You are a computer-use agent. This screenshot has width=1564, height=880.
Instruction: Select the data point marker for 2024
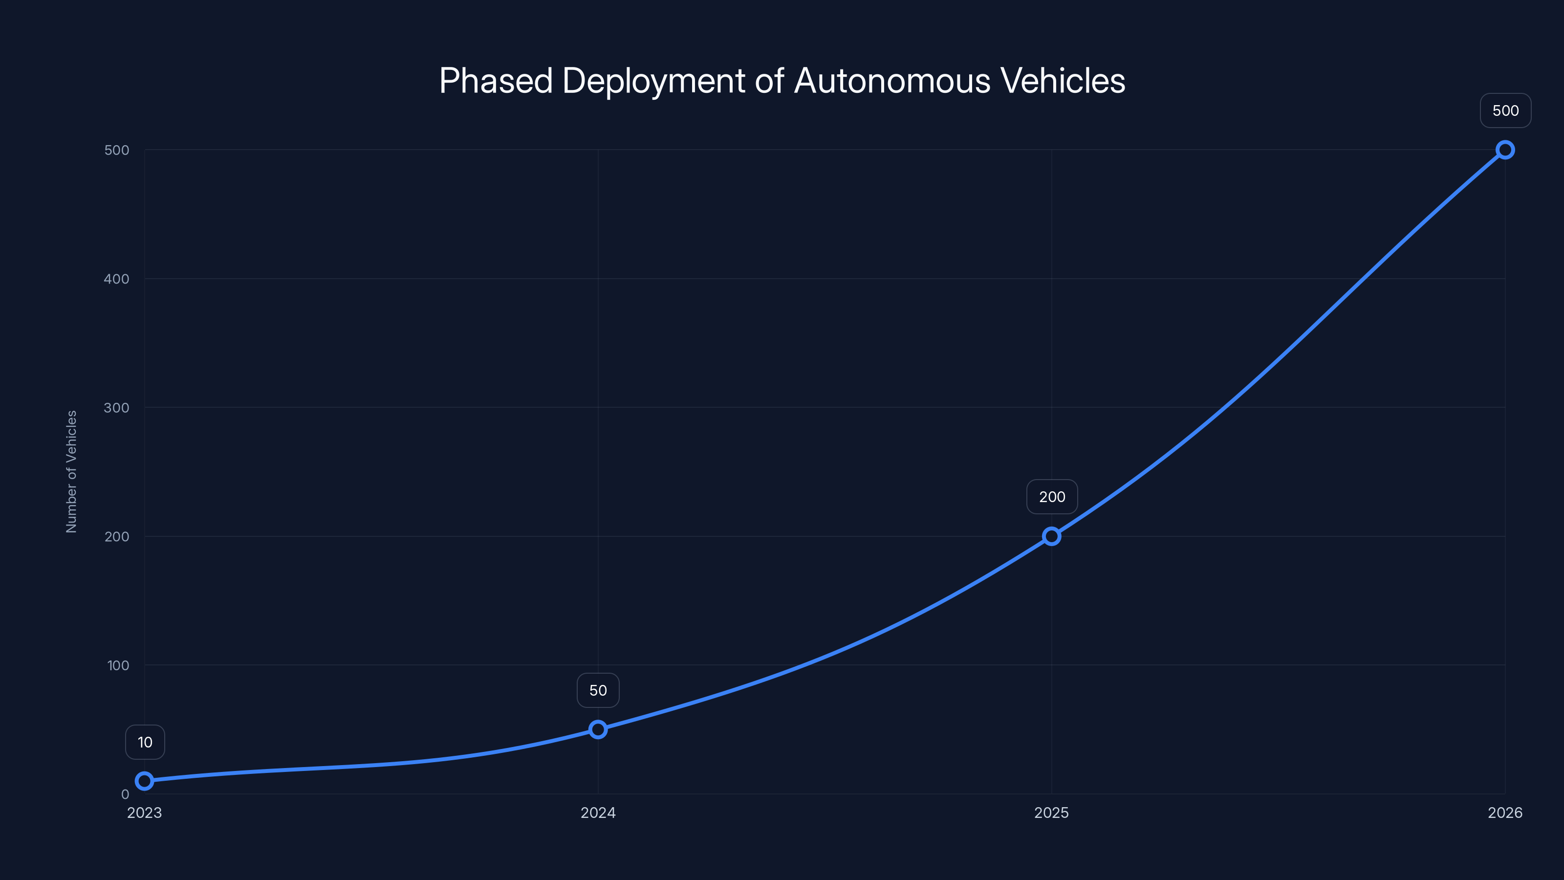coord(598,729)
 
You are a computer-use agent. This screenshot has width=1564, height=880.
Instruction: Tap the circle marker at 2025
coord(1052,536)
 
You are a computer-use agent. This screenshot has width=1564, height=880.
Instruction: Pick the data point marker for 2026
coord(1505,150)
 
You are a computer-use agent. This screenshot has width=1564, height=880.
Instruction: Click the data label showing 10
coord(145,742)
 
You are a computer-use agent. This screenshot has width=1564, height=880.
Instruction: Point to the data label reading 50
coord(598,690)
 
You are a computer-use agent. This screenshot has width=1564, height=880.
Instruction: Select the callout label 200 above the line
coord(1052,497)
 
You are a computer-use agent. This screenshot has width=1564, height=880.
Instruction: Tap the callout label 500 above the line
coord(1505,110)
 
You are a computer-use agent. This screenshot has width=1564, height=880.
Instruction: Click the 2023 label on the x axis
coord(145,813)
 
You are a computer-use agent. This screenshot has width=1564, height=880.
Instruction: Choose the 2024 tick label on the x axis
coord(598,813)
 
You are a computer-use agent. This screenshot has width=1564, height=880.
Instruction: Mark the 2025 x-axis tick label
coord(1052,813)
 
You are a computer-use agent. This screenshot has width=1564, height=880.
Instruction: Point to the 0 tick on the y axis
coord(125,794)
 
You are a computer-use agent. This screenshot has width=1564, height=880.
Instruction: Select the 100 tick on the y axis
coord(118,665)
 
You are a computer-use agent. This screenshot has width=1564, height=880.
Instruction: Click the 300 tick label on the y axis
coord(117,408)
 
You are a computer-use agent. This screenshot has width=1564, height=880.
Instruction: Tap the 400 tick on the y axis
coord(117,279)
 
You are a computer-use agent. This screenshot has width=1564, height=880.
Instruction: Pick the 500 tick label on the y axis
coord(117,150)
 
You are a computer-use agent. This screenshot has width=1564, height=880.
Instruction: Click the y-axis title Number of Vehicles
coord(72,471)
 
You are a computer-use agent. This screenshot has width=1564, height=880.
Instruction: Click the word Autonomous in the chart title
coord(892,81)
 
